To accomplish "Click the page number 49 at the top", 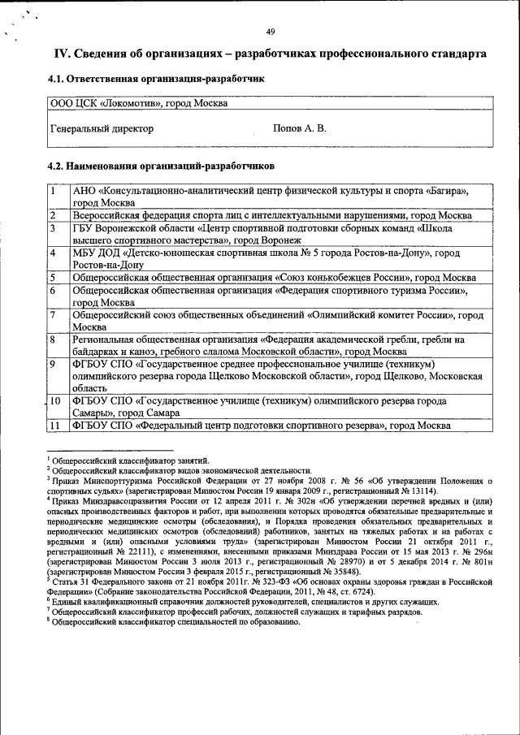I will (271, 32).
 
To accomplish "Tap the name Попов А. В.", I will (300, 128).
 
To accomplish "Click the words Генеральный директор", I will (102, 128).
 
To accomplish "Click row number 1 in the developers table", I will (53, 191).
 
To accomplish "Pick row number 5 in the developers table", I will (53, 278).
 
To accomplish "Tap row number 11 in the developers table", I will (55, 425).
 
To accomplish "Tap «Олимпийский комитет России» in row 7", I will (379, 313).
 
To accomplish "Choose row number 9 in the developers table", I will (53, 364).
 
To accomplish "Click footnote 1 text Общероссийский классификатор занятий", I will (131, 460).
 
